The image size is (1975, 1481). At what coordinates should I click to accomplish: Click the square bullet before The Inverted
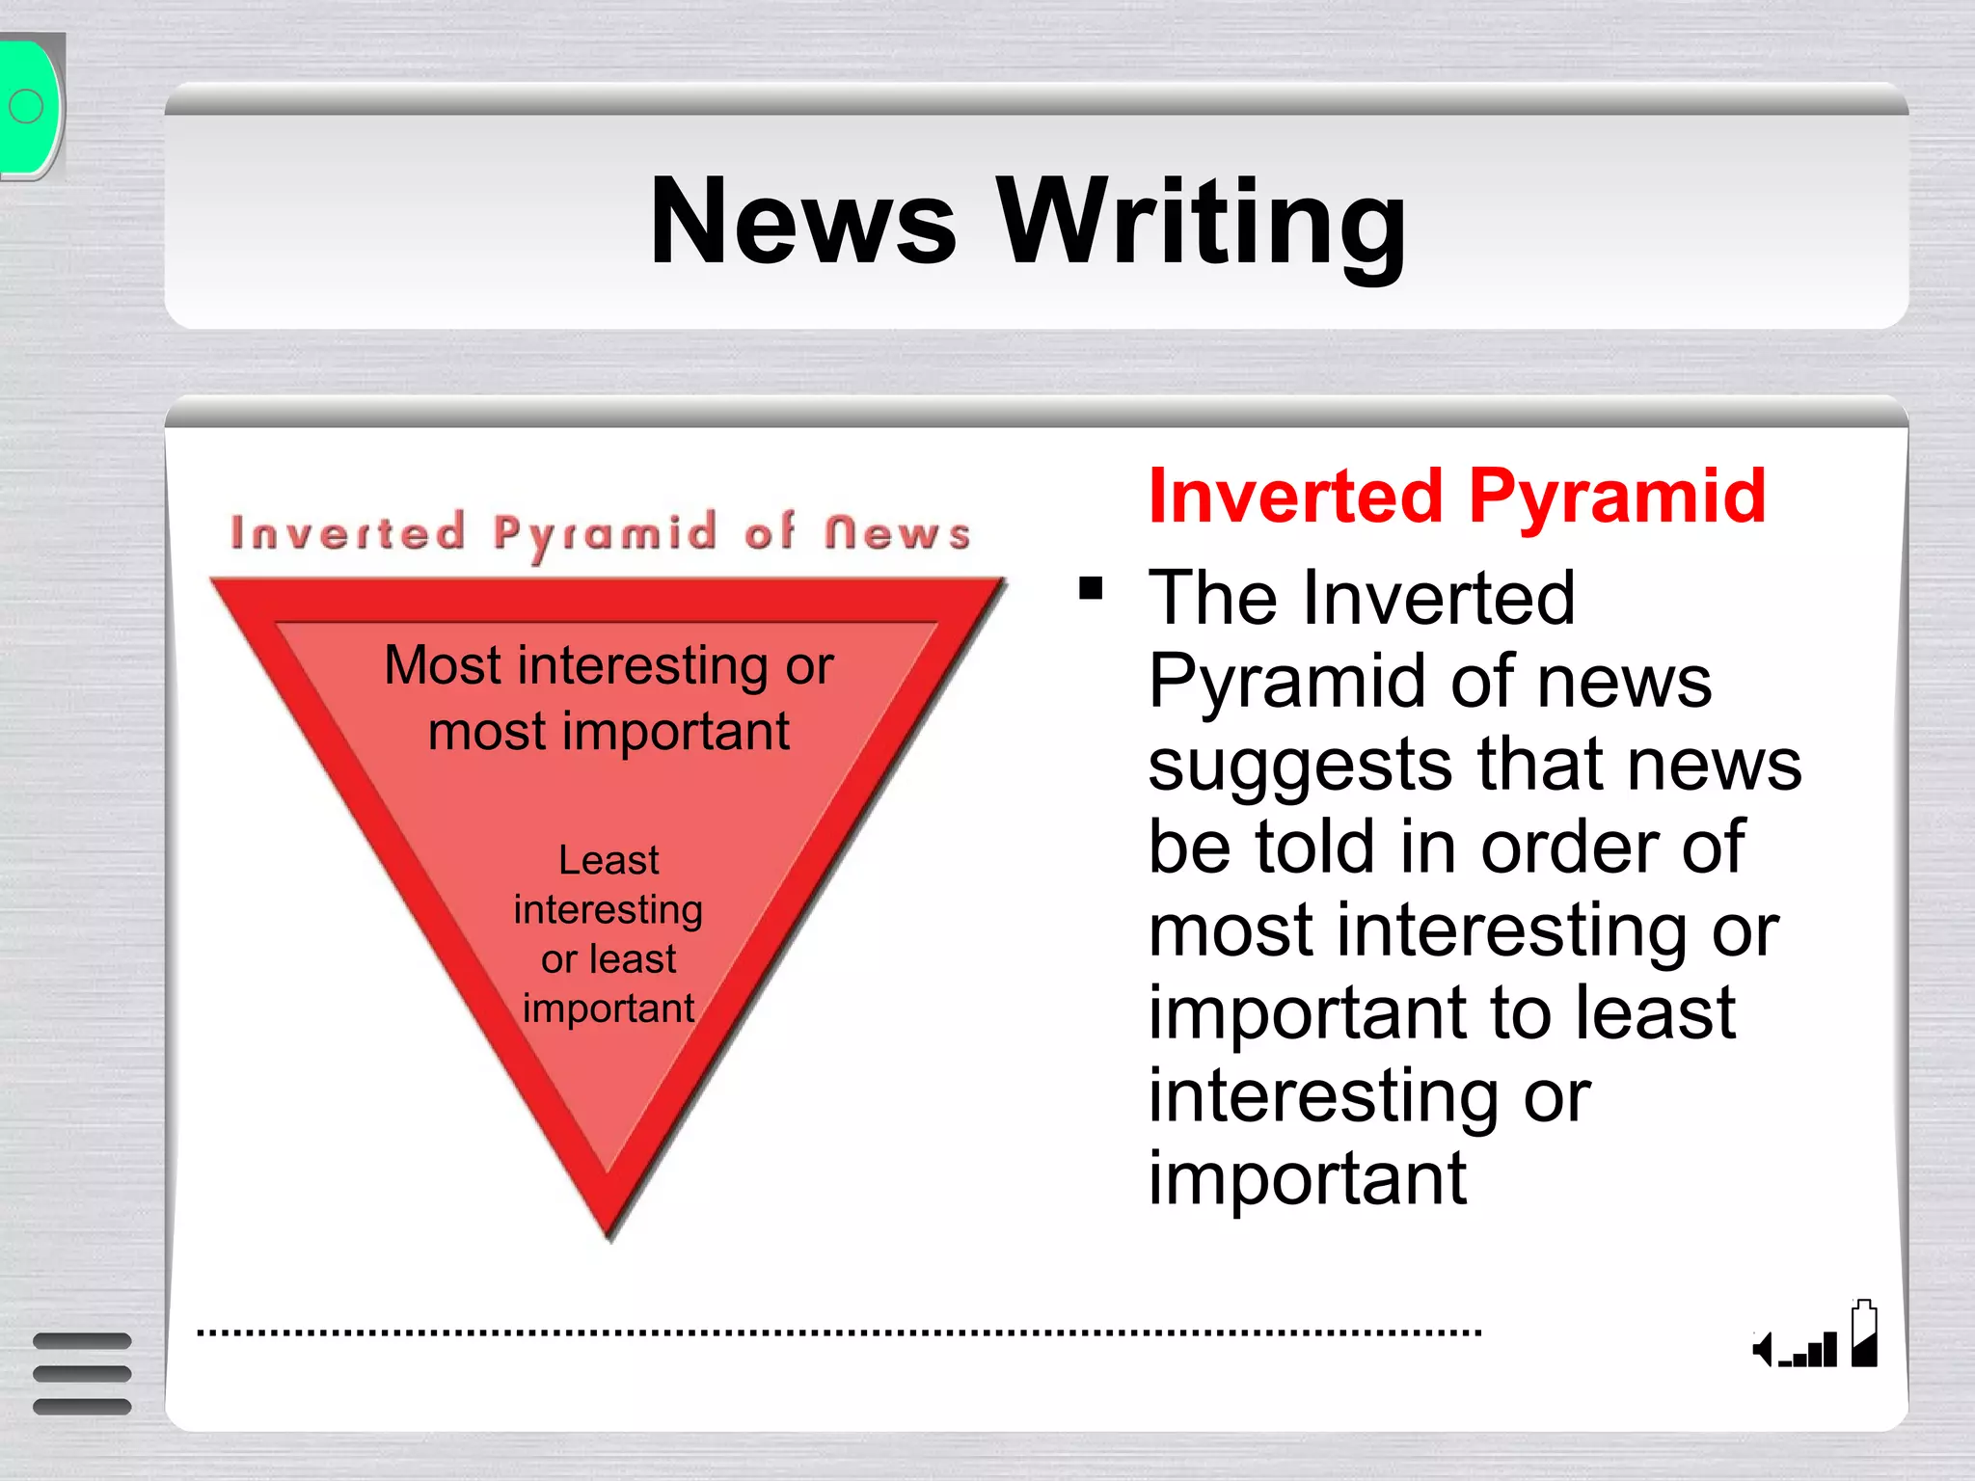(x=1091, y=588)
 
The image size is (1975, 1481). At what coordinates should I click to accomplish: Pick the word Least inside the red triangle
(x=609, y=860)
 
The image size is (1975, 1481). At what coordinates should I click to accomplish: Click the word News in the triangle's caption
(x=897, y=533)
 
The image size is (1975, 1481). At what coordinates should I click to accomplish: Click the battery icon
(x=1864, y=1334)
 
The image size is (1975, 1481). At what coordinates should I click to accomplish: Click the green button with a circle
(x=29, y=107)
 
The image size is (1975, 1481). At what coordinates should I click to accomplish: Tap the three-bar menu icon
(x=82, y=1373)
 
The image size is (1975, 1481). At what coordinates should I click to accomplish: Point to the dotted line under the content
(x=839, y=1333)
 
